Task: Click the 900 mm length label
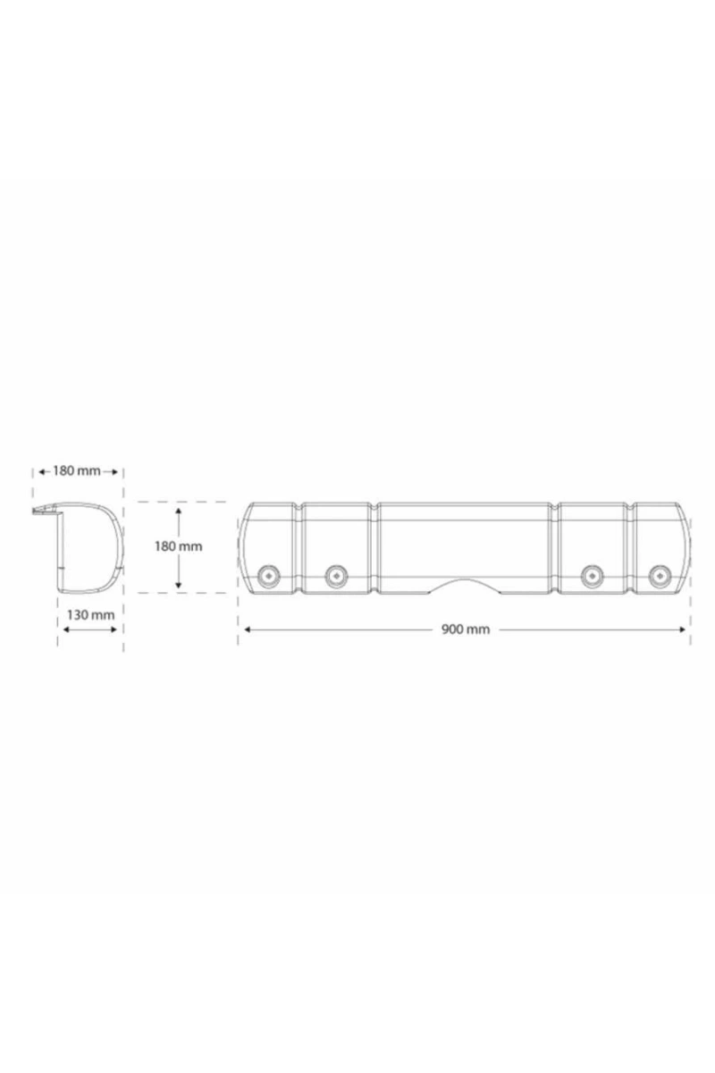point(465,629)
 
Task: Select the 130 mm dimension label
point(90,614)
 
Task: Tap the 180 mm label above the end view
point(77,471)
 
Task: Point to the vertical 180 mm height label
point(178,546)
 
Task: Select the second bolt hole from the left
point(336,575)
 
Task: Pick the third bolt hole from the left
point(592,575)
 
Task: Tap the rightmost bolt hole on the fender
point(660,575)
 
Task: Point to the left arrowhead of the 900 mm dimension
point(247,629)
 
